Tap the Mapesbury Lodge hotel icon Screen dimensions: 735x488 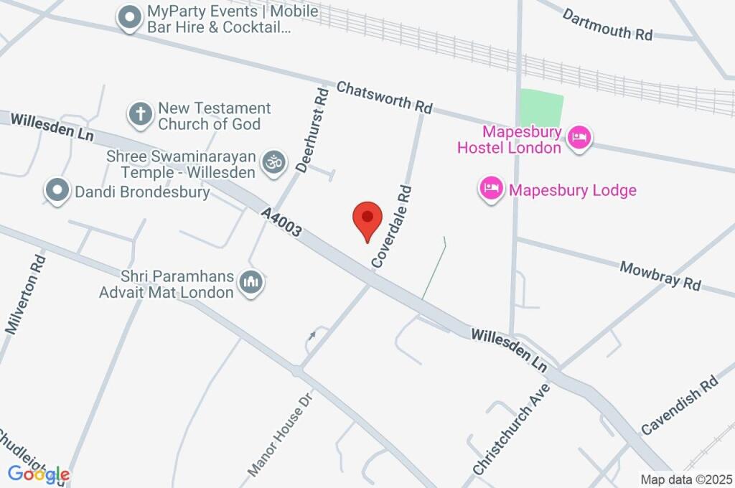491,189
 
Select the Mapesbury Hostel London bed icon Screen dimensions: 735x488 579,137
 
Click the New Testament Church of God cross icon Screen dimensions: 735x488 141,113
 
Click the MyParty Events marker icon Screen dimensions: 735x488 130,17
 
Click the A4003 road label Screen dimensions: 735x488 281,224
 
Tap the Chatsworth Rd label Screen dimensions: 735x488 384,97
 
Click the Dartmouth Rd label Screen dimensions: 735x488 607,24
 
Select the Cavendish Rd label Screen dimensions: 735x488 680,406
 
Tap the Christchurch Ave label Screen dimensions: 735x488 511,428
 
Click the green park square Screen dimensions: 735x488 540,108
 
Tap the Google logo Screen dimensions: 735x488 39,474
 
